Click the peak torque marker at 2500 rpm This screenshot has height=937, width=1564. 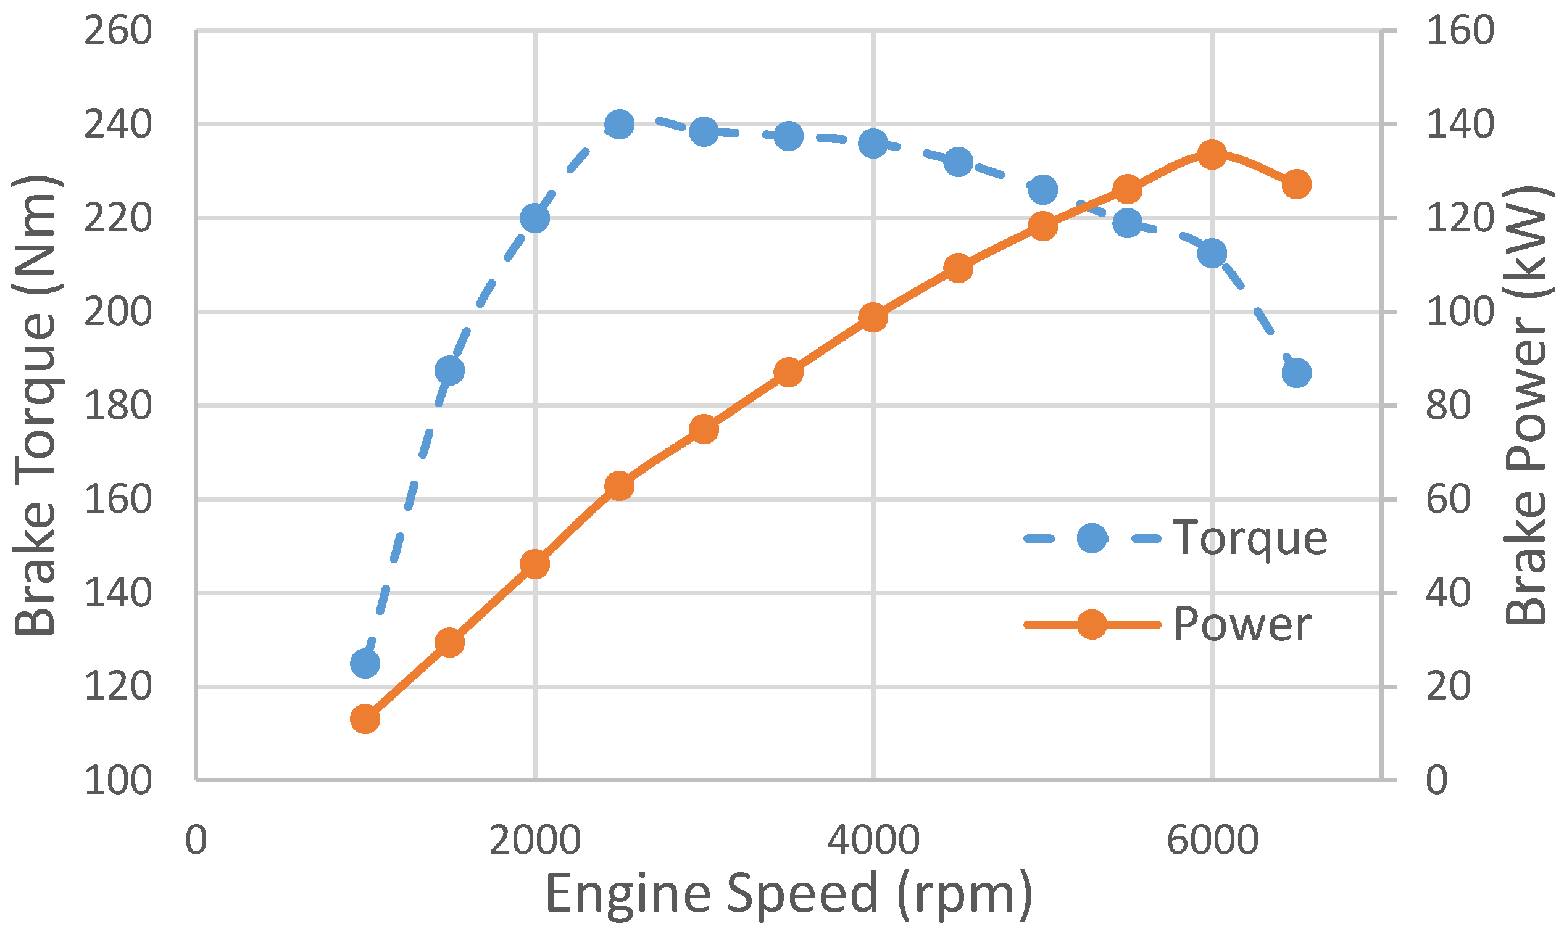(619, 125)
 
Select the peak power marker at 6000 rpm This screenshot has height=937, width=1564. (1212, 155)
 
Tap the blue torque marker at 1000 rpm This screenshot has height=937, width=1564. (365, 663)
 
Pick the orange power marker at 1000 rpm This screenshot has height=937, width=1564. (365, 719)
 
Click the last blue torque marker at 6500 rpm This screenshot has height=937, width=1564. (1297, 373)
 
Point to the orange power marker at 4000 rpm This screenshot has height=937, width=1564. (873, 318)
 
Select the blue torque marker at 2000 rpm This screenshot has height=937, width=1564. (535, 218)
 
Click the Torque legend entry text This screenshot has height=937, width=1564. (1250, 538)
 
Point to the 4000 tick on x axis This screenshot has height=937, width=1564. (873, 840)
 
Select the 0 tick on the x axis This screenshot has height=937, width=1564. (196, 840)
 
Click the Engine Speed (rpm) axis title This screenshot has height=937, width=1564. (788, 893)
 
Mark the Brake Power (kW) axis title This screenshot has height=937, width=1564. (1526, 405)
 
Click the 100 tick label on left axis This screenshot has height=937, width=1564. (118, 780)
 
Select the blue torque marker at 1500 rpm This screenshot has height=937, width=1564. (450, 370)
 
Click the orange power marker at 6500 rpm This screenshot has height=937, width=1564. (1297, 184)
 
